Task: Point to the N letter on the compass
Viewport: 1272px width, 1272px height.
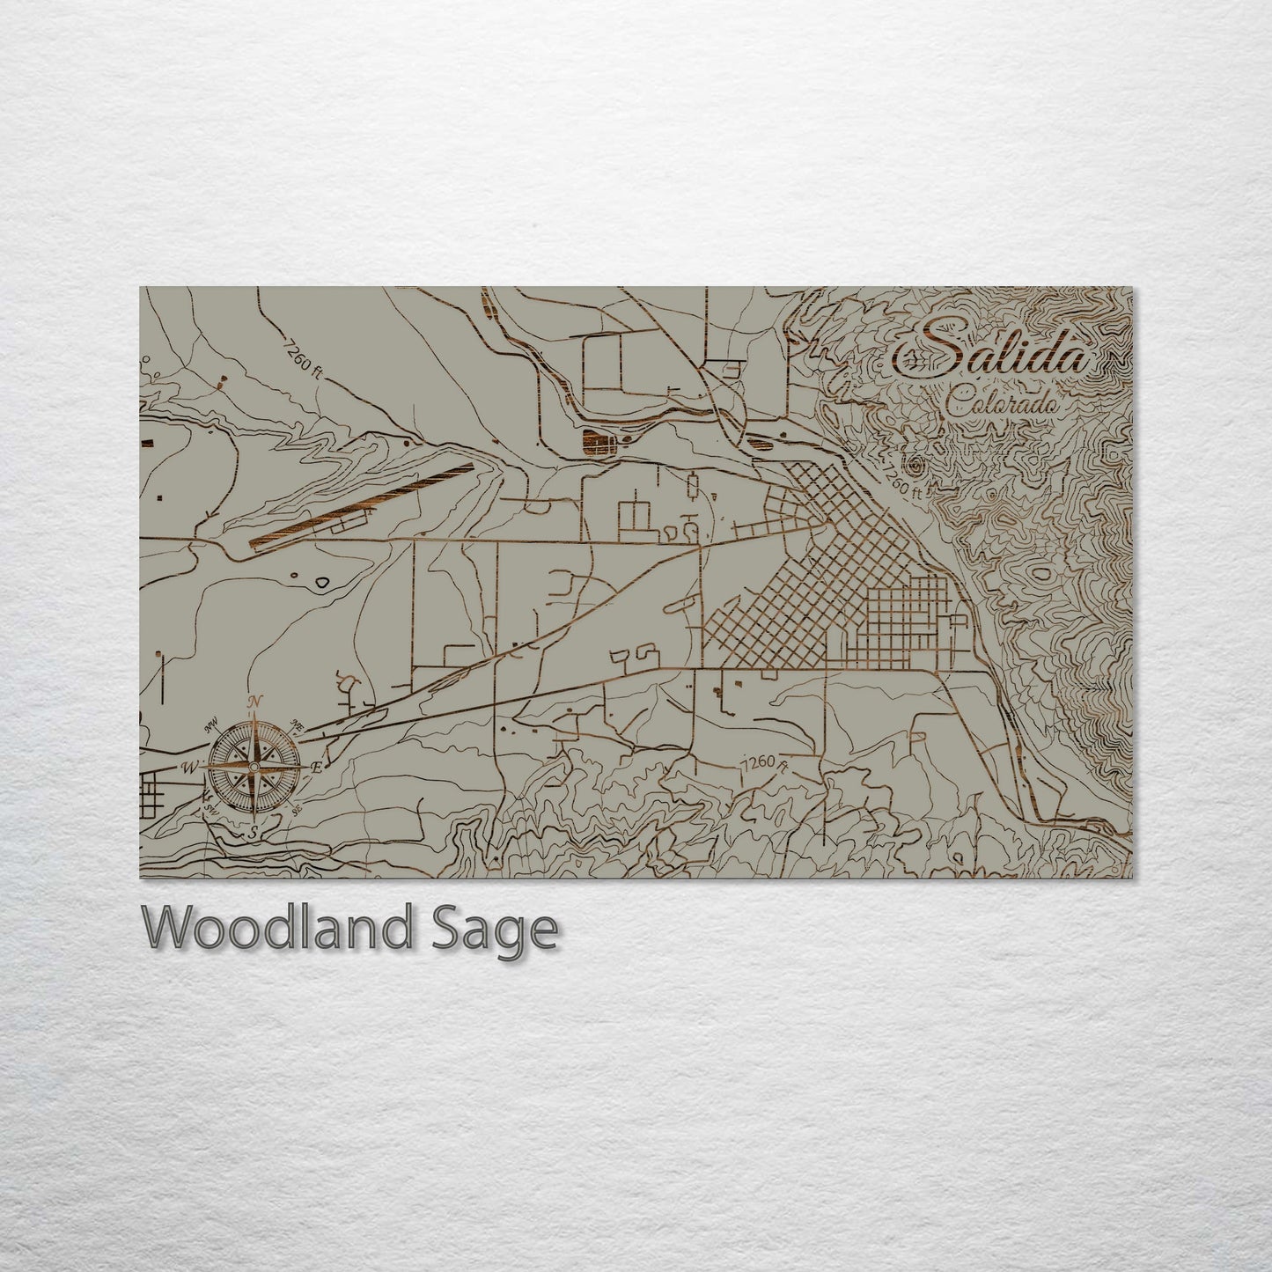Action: coord(255,702)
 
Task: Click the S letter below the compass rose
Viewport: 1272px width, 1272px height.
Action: coord(253,832)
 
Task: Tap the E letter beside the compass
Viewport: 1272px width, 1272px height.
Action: coord(317,768)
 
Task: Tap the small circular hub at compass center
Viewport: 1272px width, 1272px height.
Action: coord(254,767)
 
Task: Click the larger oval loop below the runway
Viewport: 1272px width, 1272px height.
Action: coord(322,582)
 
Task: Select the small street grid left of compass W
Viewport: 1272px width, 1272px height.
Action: coord(159,792)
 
